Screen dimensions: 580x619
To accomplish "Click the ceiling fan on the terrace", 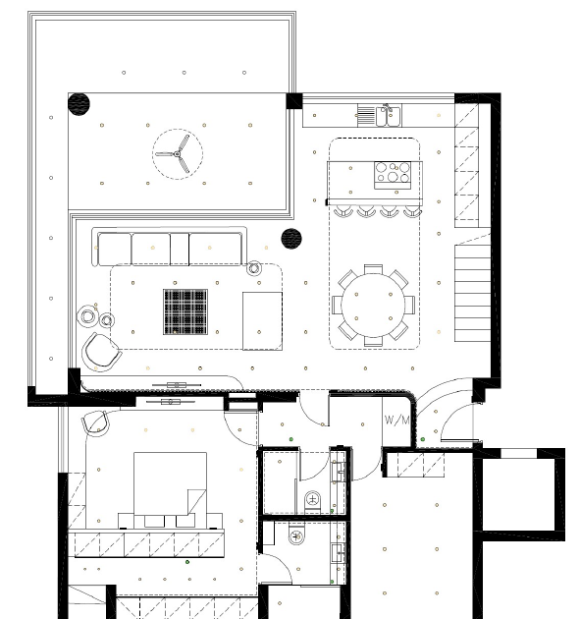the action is [x=178, y=154].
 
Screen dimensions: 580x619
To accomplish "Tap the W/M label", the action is [x=396, y=421].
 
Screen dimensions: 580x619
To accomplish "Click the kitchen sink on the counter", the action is [x=389, y=116].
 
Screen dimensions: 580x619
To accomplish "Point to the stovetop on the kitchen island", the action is [x=393, y=175].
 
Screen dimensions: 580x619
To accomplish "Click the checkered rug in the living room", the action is [x=185, y=311].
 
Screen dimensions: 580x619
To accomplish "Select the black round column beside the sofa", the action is [x=291, y=239].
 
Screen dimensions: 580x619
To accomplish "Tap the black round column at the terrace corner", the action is [x=79, y=104].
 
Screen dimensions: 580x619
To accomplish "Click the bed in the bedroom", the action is [x=171, y=489].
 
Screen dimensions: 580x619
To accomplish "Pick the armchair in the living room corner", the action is [x=102, y=352].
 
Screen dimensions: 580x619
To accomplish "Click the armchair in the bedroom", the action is [x=95, y=423].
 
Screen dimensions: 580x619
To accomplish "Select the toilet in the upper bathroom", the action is [x=313, y=501].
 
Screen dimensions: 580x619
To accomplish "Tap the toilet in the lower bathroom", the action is [x=296, y=535].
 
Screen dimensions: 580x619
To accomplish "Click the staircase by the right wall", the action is [x=472, y=293].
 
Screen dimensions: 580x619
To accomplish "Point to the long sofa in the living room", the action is [x=170, y=248].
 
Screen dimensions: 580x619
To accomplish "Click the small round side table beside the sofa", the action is [x=254, y=268].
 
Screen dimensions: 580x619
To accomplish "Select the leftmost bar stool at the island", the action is [x=343, y=211].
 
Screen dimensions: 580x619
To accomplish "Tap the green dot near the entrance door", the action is [x=423, y=439].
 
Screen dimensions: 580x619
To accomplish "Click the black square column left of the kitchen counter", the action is [x=294, y=100].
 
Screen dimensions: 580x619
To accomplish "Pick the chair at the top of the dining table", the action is [x=373, y=269].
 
